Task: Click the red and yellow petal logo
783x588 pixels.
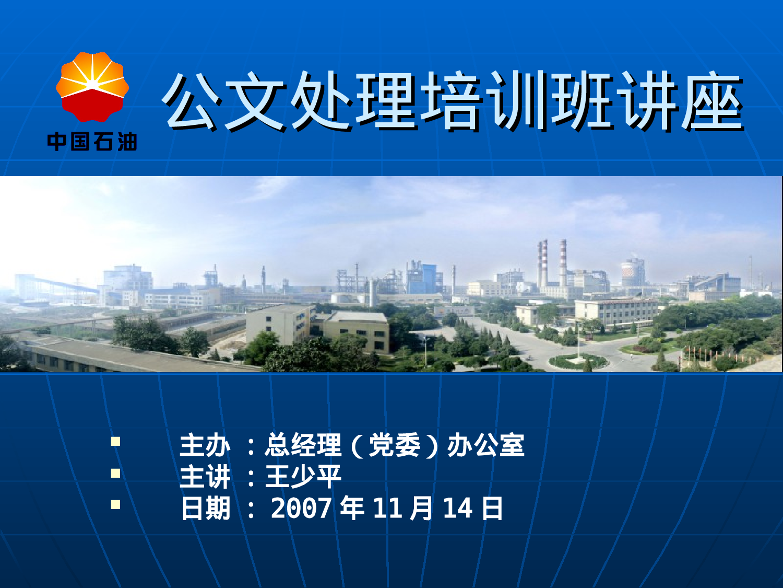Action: coord(92,87)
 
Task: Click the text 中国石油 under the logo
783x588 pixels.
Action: coord(92,142)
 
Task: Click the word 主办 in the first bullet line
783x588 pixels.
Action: coord(205,445)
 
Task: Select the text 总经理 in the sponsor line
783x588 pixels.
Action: coord(303,445)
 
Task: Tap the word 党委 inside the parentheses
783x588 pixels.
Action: coord(394,445)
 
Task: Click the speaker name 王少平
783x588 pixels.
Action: coord(303,477)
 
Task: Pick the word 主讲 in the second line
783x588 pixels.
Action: coord(205,477)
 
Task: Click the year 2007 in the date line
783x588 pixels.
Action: coord(301,508)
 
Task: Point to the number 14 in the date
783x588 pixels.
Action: coord(457,508)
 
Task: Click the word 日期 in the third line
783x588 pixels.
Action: coord(205,508)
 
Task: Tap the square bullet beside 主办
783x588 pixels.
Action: coord(115,442)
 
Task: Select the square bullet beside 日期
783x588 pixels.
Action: coord(115,505)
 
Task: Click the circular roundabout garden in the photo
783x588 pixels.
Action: coord(578,361)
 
